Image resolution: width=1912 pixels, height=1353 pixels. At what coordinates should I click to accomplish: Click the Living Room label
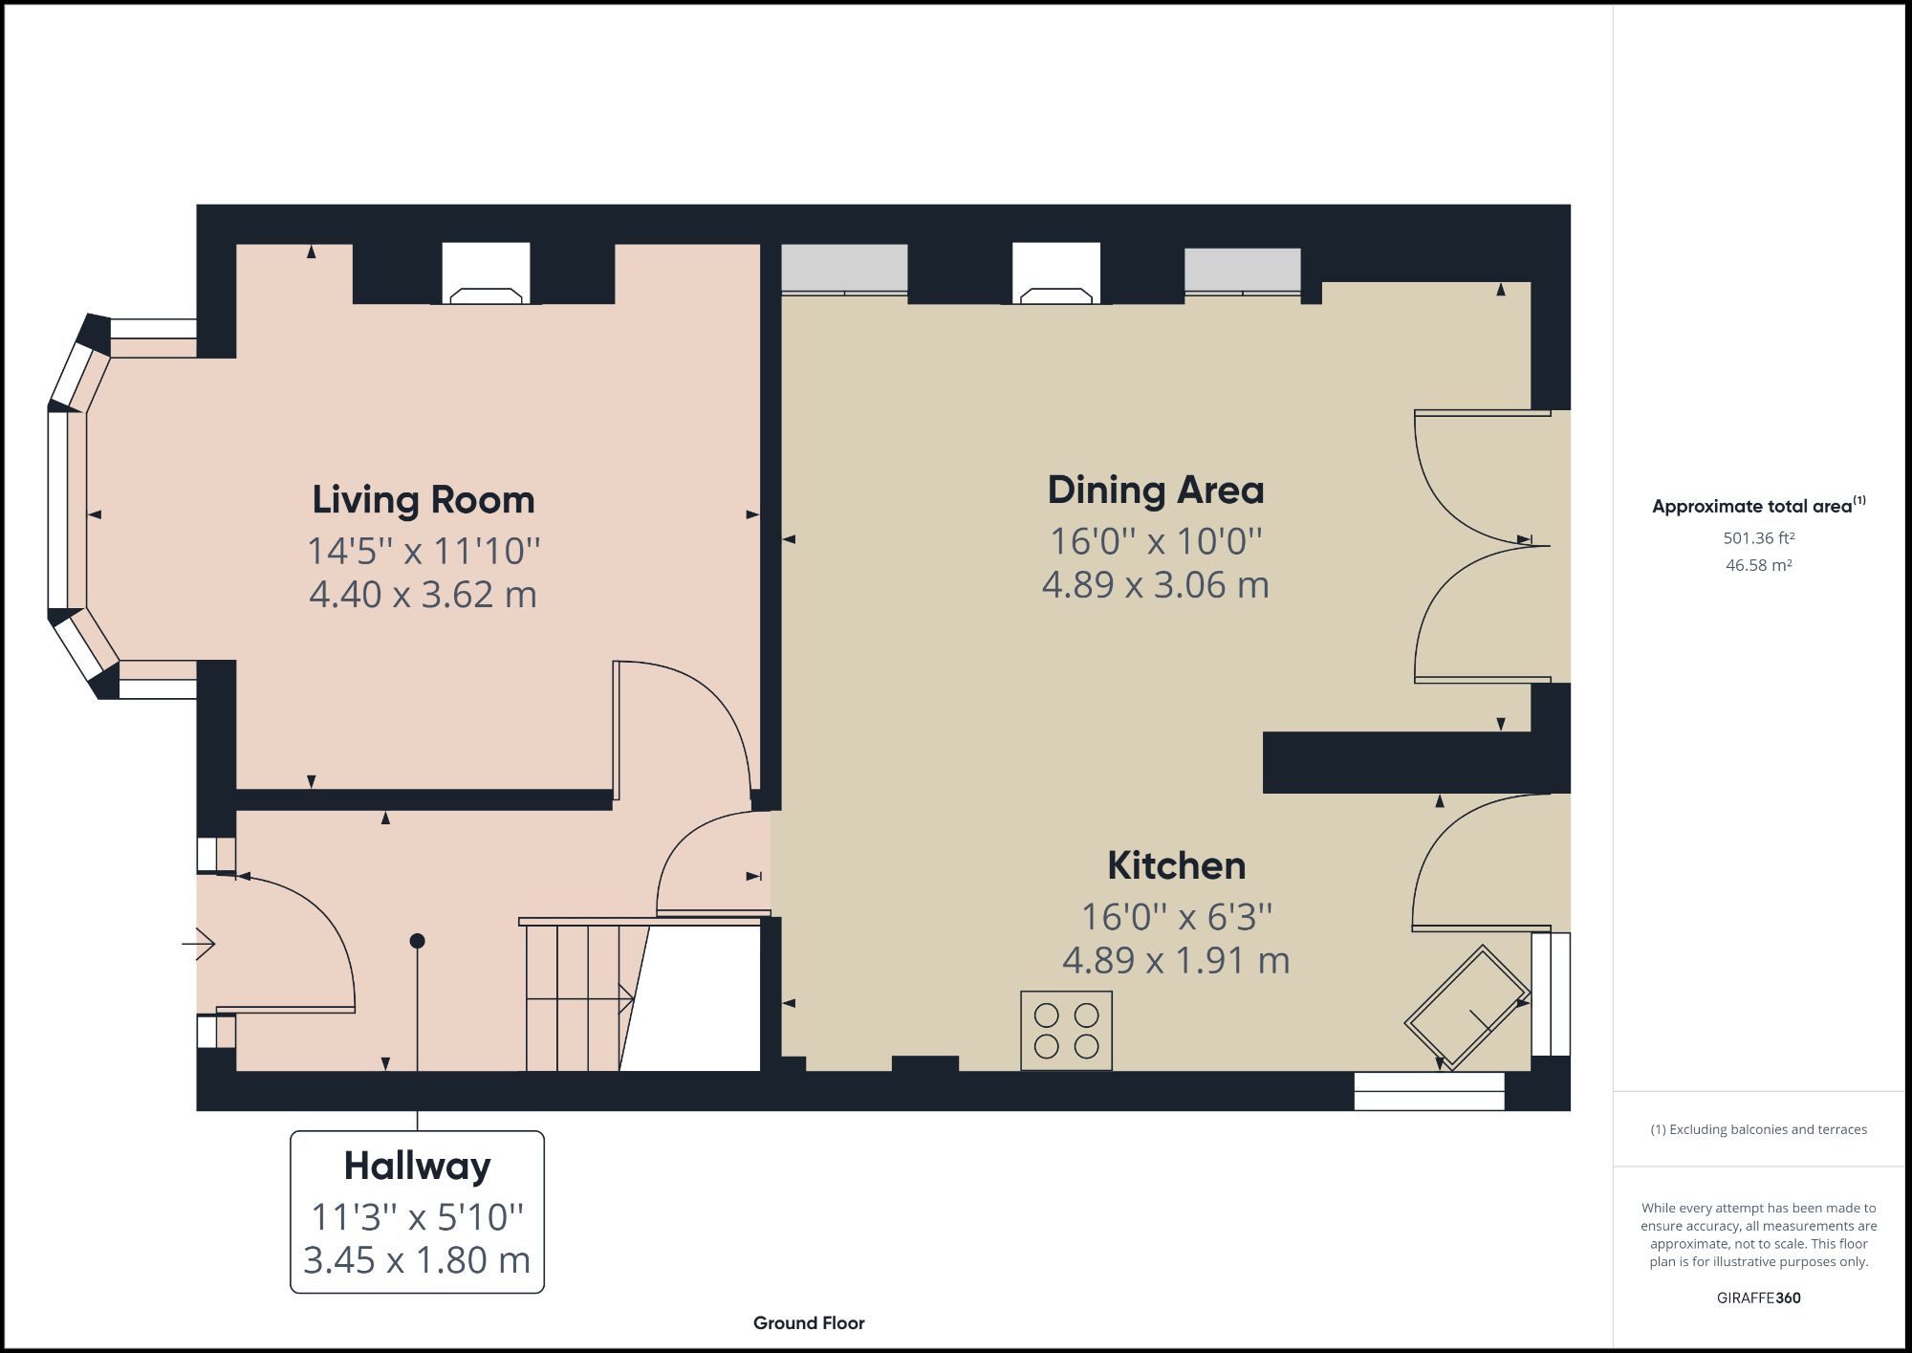(423, 500)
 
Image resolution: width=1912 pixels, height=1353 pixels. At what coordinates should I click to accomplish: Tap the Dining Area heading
(1155, 491)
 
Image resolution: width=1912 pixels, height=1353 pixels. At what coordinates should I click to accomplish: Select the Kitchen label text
(1176, 866)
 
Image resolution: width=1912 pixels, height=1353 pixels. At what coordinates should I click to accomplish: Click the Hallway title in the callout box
(417, 1167)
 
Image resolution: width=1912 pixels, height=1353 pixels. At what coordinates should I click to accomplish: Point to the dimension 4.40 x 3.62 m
(423, 595)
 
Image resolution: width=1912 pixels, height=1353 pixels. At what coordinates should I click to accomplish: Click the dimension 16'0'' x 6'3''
(1176, 917)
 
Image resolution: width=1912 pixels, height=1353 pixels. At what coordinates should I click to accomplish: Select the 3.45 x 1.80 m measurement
(417, 1260)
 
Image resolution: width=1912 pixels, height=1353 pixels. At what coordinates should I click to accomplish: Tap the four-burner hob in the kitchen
(1066, 1030)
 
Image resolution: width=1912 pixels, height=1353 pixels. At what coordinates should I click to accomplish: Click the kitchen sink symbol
(1467, 1007)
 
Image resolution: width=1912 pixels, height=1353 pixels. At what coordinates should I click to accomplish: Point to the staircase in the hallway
(574, 999)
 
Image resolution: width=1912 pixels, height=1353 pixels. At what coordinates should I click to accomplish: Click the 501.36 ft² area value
(1758, 538)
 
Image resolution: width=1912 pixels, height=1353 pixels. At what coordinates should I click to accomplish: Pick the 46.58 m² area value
(1758, 565)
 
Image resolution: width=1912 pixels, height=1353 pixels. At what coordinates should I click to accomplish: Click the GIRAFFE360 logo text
(1758, 1298)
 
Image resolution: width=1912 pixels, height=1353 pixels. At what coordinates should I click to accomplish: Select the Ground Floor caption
(809, 1323)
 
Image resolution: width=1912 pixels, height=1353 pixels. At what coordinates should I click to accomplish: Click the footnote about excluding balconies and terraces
(1758, 1129)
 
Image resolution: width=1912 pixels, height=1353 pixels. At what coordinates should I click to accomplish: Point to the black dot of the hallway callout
(417, 941)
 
